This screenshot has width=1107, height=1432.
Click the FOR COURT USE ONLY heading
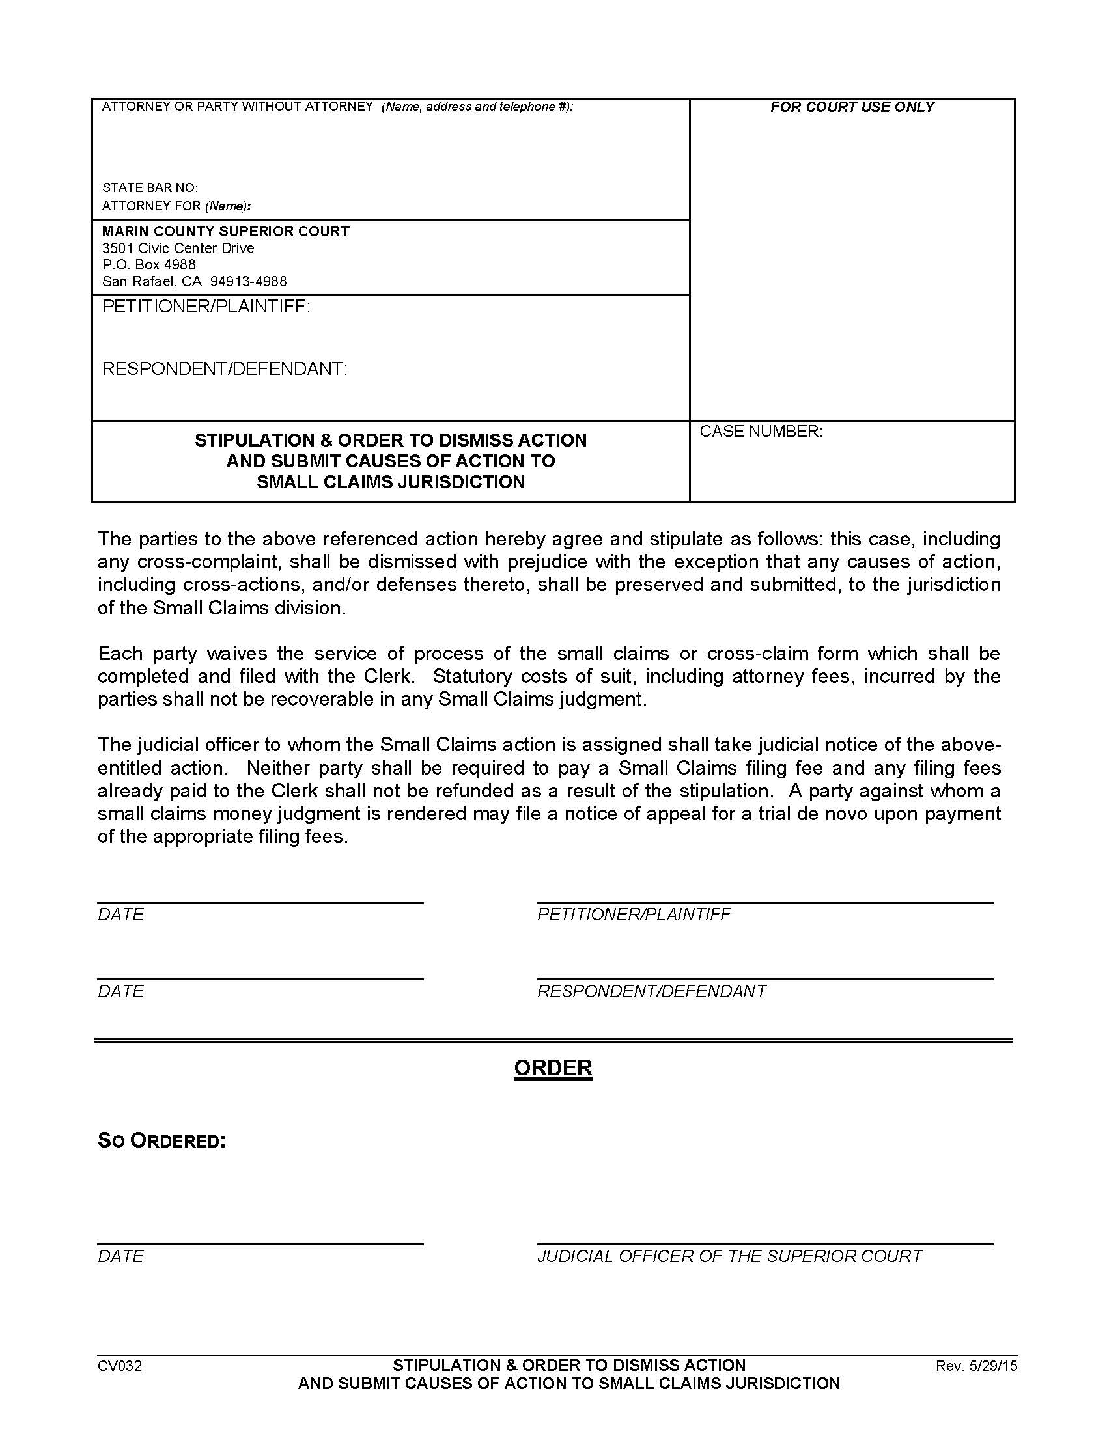tap(852, 107)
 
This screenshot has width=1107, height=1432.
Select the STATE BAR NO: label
tap(150, 188)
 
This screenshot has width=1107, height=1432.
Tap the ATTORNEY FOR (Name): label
tap(176, 206)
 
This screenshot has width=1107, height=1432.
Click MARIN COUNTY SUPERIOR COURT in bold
tap(225, 232)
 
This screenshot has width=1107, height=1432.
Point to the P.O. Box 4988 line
tap(149, 264)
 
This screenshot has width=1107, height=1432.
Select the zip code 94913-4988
tap(248, 281)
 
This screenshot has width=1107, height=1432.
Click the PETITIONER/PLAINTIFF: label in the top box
tap(206, 307)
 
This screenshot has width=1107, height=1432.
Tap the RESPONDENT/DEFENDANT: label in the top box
tap(224, 368)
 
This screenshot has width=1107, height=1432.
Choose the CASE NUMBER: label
tap(761, 432)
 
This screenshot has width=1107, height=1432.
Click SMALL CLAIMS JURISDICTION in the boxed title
tap(390, 482)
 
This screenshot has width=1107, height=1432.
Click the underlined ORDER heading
tap(553, 1067)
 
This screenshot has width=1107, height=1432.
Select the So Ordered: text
tap(161, 1140)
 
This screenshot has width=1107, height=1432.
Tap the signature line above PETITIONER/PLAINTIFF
tap(764, 902)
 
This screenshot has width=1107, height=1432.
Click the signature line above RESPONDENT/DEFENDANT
tap(764, 979)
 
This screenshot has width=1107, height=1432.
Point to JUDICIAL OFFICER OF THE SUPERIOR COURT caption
tap(729, 1256)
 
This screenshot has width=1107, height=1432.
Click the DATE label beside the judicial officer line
tap(120, 1256)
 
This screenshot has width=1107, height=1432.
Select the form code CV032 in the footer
tap(119, 1366)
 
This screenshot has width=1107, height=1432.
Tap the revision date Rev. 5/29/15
tap(976, 1366)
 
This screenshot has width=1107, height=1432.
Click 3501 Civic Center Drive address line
tap(178, 248)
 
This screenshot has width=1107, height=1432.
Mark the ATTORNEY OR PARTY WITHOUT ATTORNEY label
tap(238, 106)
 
